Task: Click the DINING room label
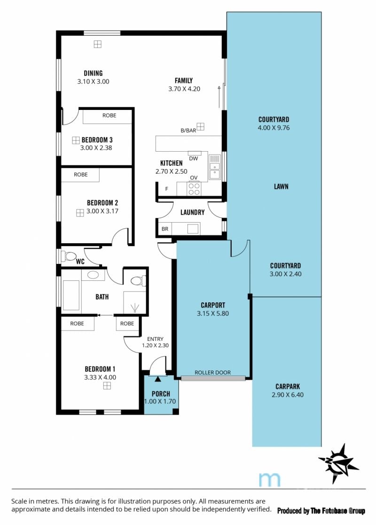point(93,73)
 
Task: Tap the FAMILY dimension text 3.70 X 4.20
point(184,89)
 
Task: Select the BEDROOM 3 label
point(97,139)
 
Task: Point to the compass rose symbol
point(338,463)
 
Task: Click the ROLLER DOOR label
point(212,372)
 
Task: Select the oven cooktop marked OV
point(194,188)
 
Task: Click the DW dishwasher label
point(193,158)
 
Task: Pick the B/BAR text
point(188,131)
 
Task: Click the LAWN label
point(281,186)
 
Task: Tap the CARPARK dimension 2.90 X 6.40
point(288,395)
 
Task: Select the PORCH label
point(161,394)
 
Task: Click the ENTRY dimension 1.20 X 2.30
point(155,345)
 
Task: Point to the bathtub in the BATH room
point(71,295)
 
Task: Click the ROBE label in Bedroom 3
point(109,115)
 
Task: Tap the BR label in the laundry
point(165,229)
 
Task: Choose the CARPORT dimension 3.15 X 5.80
point(213,313)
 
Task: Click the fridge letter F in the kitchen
point(166,189)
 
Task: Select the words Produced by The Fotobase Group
point(321,510)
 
